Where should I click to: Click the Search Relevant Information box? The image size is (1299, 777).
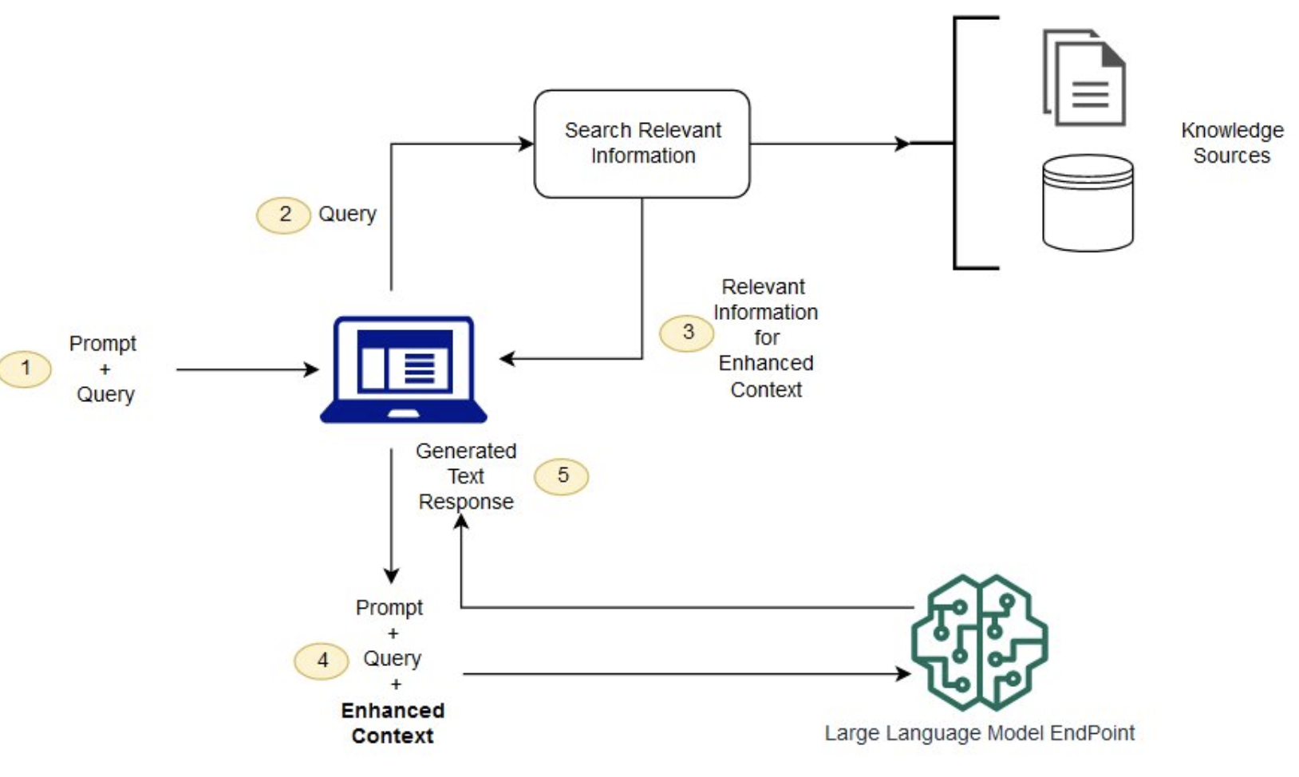pos(642,144)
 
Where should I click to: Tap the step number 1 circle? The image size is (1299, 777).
pos(26,369)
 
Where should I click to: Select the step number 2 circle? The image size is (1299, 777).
pos(284,215)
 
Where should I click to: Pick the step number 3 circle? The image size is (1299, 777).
pos(687,332)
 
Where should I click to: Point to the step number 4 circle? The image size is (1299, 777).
pos(322,661)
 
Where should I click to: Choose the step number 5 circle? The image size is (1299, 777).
pos(562,476)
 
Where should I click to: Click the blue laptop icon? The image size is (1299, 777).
pos(404,369)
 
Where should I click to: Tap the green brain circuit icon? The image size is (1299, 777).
pos(980,641)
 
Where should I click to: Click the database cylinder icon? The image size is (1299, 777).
pos(1088,203)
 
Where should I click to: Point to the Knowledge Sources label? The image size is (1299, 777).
pos(1232,143)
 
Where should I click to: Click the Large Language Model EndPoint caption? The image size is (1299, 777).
pos(979,733)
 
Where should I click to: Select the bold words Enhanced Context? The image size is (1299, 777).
pos(393,723)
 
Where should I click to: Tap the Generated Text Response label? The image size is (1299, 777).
pos(466,476)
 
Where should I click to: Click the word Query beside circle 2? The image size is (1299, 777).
pos(347,214)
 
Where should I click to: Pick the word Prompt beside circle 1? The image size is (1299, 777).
pos(103,344)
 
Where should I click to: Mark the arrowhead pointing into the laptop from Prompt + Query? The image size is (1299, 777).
pos(312,369)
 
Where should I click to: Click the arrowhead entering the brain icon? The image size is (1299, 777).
pos(903,674)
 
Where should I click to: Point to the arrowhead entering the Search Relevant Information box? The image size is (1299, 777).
pos(527,144)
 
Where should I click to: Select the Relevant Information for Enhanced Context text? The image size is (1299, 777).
pos(765,338)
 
